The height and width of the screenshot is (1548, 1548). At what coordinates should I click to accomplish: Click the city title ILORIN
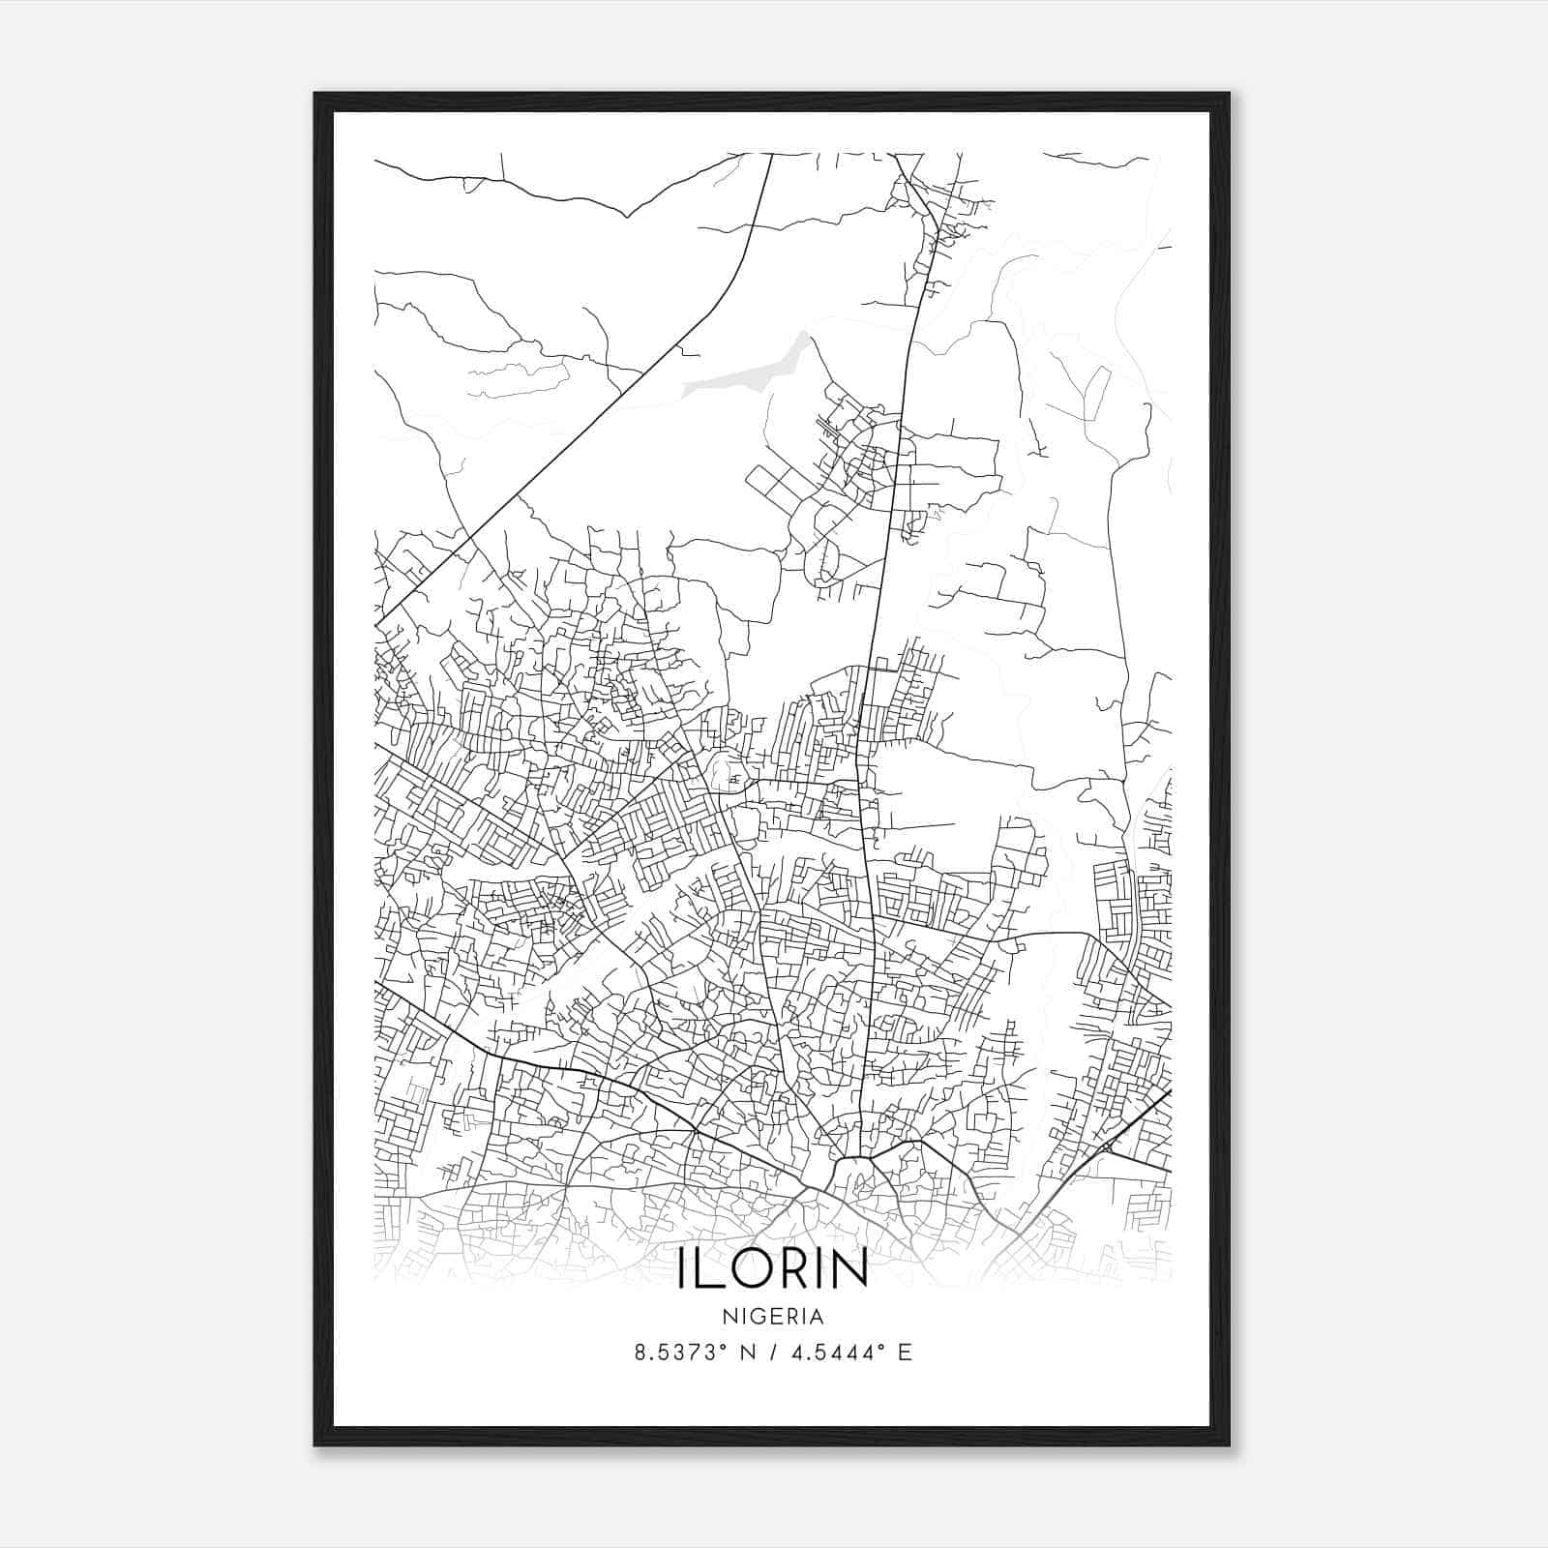[773, 1269]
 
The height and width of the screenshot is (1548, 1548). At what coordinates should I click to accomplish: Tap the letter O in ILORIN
[747, 1269]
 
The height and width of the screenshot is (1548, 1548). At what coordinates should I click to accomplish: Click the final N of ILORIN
[849, 1269]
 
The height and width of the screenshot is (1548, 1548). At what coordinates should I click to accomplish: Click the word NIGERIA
[773, 1317]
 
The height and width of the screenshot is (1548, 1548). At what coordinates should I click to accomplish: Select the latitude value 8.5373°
[679, 1353]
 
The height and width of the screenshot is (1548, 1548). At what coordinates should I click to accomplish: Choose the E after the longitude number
[904, 1353]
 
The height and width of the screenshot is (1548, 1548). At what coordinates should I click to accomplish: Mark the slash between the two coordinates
[768, 1353]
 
